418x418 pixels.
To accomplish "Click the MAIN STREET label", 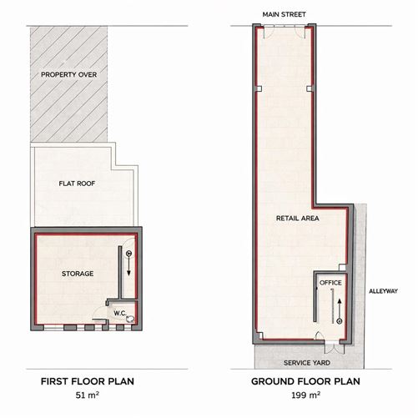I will [284, 14].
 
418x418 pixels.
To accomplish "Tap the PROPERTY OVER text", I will [71, 75].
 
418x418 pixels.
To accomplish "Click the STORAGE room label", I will [77, 273].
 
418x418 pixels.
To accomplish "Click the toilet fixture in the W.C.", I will [129, 307].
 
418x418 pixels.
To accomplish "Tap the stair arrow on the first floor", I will [128, 264].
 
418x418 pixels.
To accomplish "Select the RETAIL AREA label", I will [299, 219].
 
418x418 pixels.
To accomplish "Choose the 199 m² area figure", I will [305, 398].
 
